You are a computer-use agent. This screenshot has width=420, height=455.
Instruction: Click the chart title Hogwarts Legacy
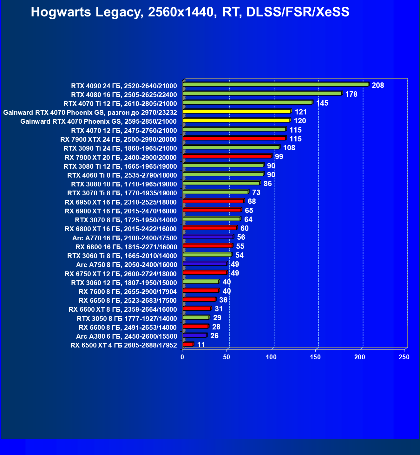[x=190, y=12]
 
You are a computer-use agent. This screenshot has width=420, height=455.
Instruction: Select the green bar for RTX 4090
[x=275, y=84]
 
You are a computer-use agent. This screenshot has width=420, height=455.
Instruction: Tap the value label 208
[x=378, y=85]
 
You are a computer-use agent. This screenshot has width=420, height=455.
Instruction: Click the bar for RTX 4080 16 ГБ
[x=262, y=93]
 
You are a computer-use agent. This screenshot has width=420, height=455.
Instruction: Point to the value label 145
[x=322, y=103]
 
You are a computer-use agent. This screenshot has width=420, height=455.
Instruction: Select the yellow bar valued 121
[x=237, y=111]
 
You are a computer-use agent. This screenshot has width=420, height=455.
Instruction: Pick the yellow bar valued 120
[x=236, y=120]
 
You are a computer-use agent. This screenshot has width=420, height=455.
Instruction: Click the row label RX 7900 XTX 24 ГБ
[x=118, y=140]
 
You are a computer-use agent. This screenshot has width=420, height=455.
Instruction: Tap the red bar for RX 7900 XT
[x=227, y=156]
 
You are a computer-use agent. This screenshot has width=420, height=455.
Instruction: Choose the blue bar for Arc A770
[x=208, y=237]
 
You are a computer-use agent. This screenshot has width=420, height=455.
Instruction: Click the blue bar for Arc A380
[x=194, y=335]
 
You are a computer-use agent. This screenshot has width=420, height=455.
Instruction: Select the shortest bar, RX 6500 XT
[x=188, y=344]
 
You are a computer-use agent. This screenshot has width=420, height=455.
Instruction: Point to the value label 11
[x=201, y=345]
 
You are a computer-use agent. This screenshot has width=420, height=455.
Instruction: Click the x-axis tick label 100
[x=271, y=357]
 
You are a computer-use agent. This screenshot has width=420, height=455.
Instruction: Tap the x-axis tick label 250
[x=404, y=357]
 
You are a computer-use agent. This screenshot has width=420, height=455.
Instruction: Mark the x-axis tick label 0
[x=182, y=357]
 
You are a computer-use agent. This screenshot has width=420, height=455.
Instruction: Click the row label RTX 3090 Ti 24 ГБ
[x=120, y=148]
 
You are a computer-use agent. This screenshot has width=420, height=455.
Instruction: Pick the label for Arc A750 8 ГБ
[x=126, y=265]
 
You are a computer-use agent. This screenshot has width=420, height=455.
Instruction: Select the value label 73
[x=256, y=192]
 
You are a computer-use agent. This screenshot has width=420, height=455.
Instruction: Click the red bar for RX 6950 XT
[x=213, y=201]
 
